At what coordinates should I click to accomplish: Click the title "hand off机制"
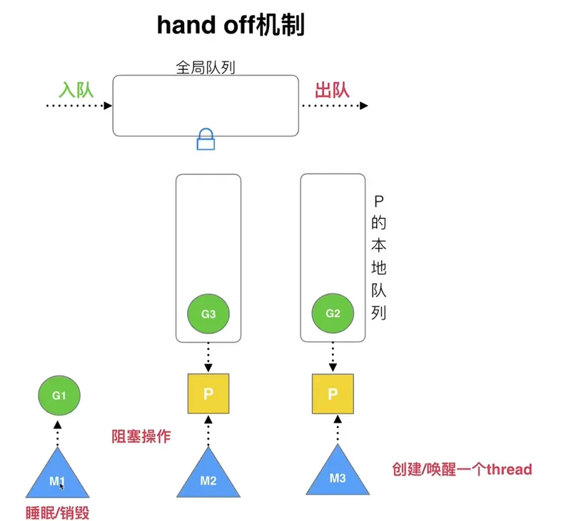click(x=231, y=26)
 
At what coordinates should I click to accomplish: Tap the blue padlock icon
click(x=206, y=138)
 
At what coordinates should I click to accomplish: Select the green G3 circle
click(x=208, y=313)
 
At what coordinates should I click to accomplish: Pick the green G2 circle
click(x=333, y=313)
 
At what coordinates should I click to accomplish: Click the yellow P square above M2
click(x=208, y=394)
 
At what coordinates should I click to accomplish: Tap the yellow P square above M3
click(x=333, y=394)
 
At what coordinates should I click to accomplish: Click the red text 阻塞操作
click(x=141, y=436)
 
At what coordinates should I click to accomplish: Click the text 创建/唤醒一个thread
click(x=462, y=469)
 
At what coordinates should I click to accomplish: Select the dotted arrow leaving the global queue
click(x=334, y=106)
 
